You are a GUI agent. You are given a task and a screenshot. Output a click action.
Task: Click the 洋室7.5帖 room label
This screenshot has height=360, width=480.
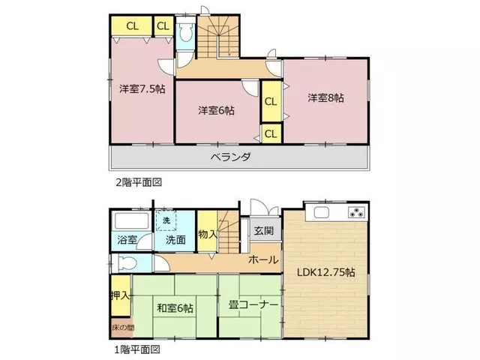(142, 89)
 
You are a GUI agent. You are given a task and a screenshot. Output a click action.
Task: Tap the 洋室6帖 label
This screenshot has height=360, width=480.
(216, 110)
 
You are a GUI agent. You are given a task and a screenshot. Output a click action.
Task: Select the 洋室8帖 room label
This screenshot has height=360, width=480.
(325, 98)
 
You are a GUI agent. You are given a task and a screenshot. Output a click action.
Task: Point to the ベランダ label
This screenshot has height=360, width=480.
(231, 157)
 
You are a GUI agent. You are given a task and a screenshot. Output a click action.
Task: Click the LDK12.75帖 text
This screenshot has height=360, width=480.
(326, 271)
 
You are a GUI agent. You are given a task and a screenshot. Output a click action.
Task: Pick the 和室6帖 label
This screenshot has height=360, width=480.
(175, 308)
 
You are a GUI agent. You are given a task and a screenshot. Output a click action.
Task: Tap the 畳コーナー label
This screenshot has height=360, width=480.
(253, 305)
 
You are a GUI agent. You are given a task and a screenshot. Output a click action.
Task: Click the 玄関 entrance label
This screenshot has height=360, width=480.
(264, 230)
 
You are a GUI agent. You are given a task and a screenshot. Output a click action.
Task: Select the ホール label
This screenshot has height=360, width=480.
(263, 260)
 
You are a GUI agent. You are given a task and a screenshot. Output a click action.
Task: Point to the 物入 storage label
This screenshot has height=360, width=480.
(208, 235)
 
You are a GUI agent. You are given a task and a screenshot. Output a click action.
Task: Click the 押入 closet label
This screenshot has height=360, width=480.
(121, 295)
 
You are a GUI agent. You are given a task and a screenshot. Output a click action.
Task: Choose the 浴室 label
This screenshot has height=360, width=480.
(127, 239)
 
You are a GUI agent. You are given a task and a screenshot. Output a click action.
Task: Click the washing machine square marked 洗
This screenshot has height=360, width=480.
(166, 220)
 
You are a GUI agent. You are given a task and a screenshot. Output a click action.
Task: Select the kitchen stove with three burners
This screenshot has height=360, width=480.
(356, 212)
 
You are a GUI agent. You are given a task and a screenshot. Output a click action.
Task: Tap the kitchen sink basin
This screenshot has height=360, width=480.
(321, 212)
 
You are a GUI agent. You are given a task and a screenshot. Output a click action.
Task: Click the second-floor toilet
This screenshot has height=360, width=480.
(185, 33)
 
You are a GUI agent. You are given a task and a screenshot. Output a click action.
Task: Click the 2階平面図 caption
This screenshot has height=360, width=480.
(139, 183)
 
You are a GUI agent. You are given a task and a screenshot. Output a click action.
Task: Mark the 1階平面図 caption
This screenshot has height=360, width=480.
(137, 349)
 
